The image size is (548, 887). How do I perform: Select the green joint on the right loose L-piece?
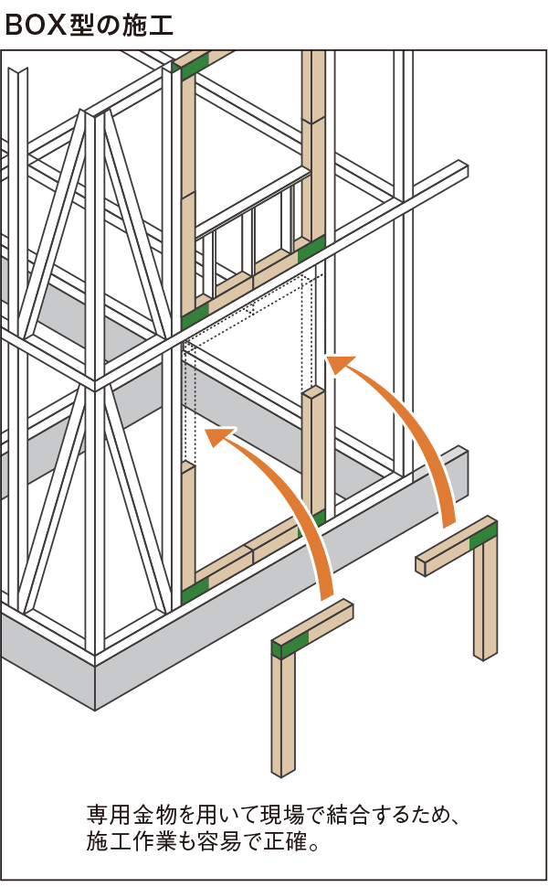coord(484,534)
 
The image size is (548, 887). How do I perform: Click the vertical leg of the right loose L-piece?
coord(485,599)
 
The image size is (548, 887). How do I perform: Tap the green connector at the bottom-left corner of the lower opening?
coord(195,590)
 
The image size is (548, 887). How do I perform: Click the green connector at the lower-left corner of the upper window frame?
coord(195,315)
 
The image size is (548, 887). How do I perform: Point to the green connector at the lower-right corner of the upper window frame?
coord(311,250)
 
